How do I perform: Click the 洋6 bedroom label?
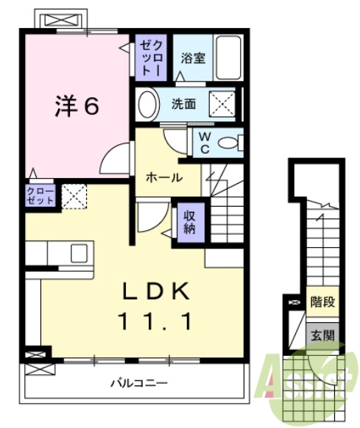(76, 107)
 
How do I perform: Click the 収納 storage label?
(189, 221)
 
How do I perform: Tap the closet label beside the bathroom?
(151, 57)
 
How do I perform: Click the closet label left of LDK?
(41, 195)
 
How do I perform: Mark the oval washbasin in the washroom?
(147, 104)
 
